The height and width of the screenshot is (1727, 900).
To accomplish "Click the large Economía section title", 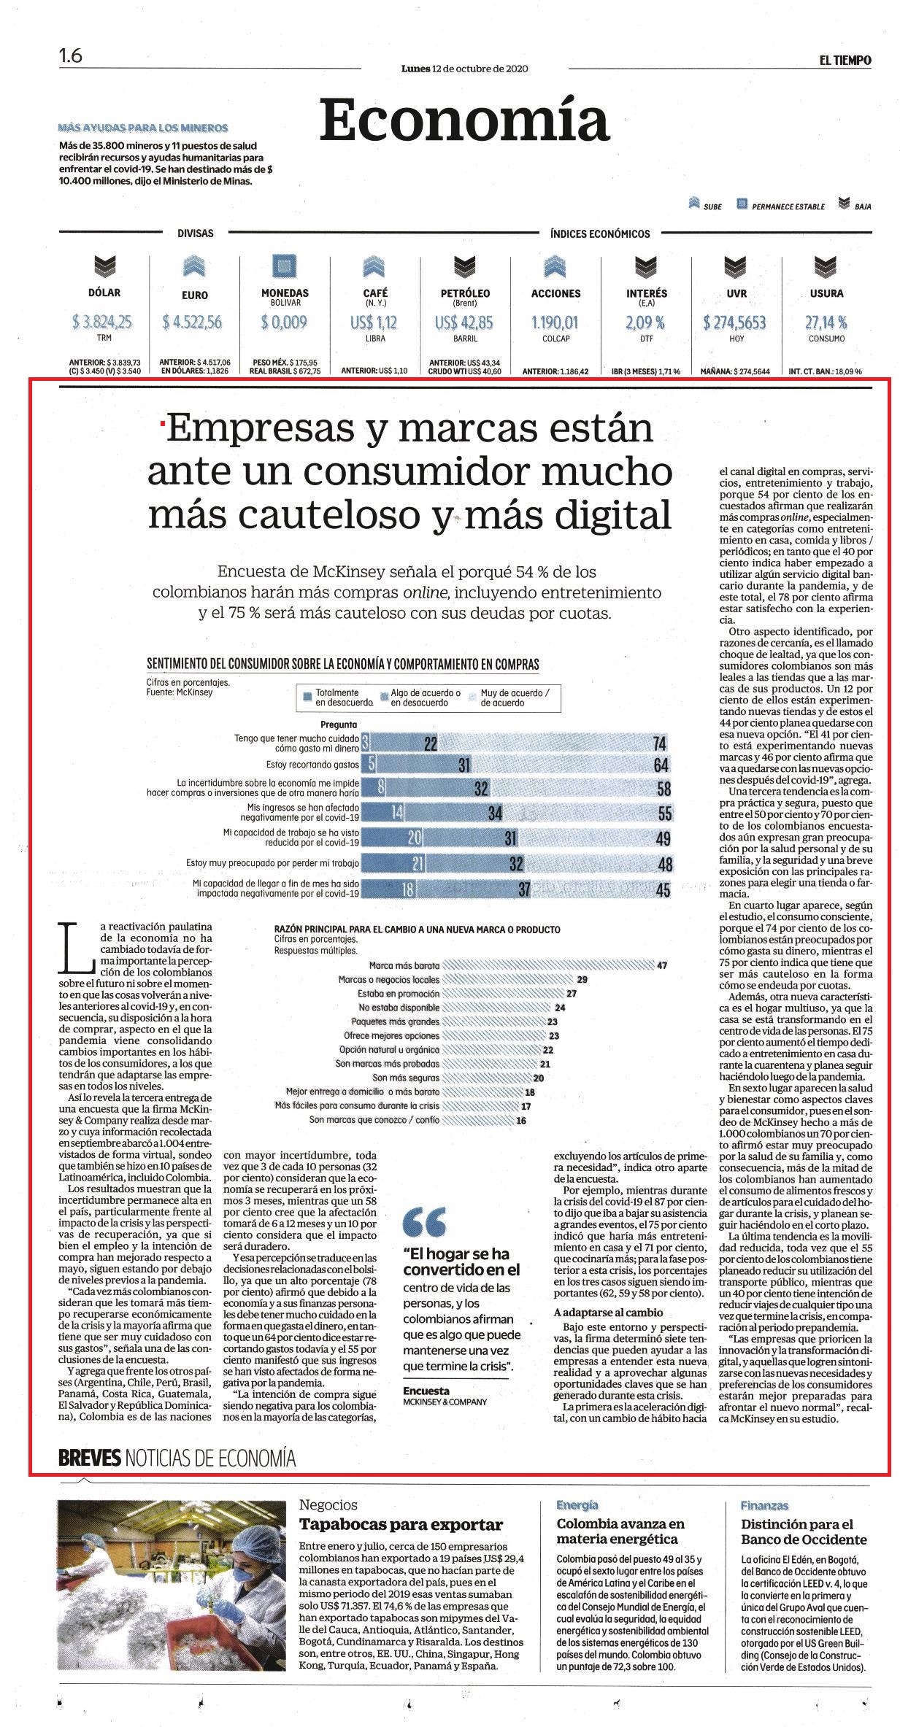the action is point(464,120).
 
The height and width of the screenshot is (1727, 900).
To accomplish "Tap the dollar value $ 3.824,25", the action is point(103,322).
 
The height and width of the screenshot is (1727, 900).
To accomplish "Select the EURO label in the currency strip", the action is point(195,295).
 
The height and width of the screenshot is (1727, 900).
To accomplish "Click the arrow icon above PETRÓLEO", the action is point(465,266).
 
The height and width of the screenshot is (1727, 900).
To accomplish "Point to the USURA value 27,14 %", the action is point(826,322).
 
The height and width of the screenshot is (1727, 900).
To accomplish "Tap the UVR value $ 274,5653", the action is point(735,322).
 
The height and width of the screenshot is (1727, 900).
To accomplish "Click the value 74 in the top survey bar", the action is point(661,743).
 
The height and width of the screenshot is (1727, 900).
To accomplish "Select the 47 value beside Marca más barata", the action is point(662,965).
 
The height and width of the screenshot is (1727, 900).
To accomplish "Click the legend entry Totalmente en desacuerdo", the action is point(336,698).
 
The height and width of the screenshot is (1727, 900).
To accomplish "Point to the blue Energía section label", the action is point(577,1504).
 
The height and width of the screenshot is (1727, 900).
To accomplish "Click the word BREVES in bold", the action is point(89,1459).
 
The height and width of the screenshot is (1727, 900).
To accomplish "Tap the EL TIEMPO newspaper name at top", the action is point(845,61).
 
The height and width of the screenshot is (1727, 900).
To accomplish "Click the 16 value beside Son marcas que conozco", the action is point(521,1119).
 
